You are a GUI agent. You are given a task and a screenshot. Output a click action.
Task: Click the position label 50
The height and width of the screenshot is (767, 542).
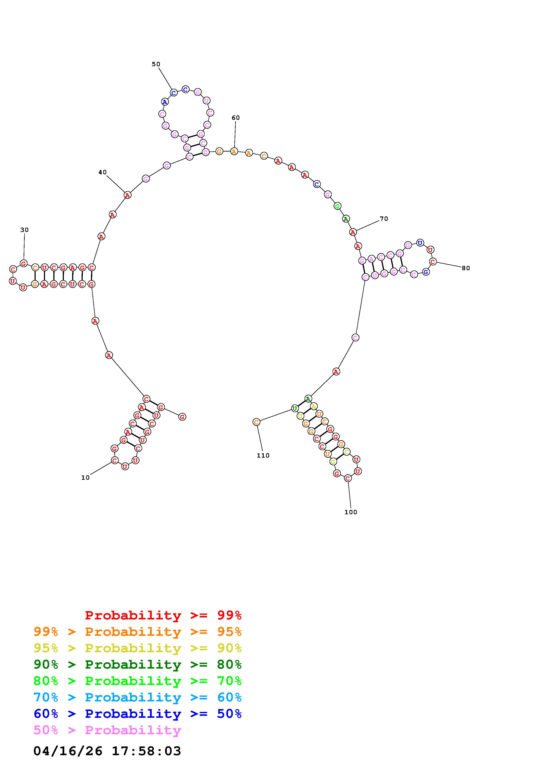pos(156,64)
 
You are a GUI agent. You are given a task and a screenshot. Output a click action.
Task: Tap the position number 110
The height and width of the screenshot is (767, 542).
pos(263,456)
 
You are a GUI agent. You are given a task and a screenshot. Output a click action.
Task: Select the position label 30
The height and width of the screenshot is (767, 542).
pos(24,230)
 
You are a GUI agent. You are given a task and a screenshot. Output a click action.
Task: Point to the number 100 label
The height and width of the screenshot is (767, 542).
pos(351,512)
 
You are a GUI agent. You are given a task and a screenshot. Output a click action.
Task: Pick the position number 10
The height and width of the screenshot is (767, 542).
pos(85,478)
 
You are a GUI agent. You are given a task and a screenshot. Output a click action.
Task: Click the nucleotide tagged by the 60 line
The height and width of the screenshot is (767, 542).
pos(234,151)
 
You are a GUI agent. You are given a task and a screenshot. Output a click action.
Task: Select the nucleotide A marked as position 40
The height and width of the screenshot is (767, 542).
pos(127,195)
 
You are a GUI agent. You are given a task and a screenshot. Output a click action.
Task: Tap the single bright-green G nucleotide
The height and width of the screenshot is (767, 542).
pos(337,206)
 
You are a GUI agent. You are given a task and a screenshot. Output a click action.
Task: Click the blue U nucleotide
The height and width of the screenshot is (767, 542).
pos(420,243)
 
